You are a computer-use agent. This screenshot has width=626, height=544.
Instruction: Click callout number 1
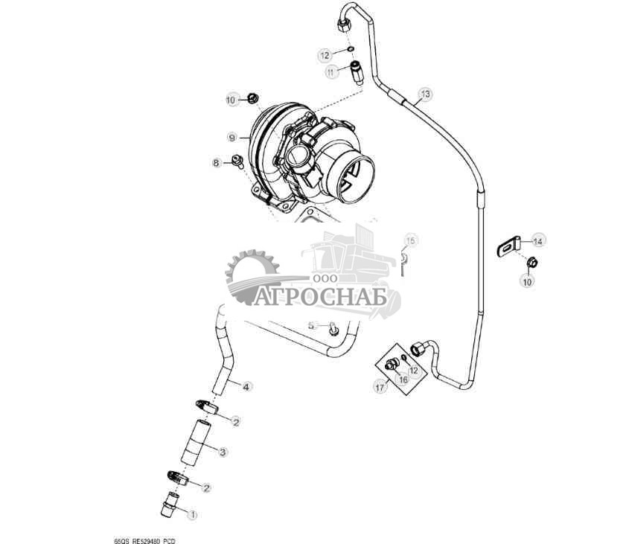pos(191,513)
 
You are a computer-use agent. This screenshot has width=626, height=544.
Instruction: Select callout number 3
pos(222,451)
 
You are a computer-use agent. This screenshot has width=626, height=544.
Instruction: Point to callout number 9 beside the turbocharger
pos(231,138)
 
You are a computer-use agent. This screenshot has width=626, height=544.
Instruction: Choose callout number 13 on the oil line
pos(425,94)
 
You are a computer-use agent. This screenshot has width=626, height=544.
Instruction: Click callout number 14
pos(538,240)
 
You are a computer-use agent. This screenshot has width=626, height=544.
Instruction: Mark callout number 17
pos(380,387)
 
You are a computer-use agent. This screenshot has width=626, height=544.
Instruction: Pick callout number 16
pos(403,379)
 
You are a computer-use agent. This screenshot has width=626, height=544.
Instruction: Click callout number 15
pos(411,240)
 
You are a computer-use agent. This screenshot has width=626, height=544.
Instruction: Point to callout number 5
pos(313,325)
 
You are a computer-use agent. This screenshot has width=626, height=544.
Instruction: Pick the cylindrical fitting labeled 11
pos(356,73)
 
